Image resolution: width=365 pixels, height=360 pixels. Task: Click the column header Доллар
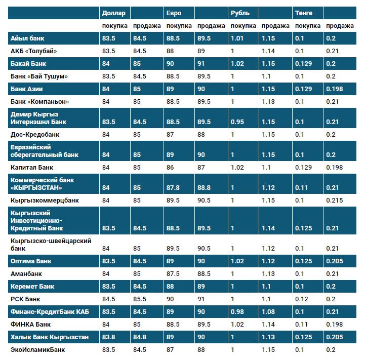click(113, 13)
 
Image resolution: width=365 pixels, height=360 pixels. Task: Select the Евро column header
click(173, 13)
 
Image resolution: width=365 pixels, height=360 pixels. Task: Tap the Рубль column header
click(239, 13)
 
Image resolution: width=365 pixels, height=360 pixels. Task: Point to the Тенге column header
click(304, 13)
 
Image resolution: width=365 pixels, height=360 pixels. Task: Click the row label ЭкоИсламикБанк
click(37, 349)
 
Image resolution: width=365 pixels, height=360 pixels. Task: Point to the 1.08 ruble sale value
click(269, 311)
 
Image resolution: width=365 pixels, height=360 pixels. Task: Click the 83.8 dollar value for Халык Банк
click(109, 337)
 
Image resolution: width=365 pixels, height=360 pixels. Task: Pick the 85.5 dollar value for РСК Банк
click(140, 299)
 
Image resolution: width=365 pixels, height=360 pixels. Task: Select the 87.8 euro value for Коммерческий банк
click(174, 188)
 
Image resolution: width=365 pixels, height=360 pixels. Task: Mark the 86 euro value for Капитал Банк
click(170, 167)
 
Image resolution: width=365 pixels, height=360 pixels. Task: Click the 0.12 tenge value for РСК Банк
click(302, 299)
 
